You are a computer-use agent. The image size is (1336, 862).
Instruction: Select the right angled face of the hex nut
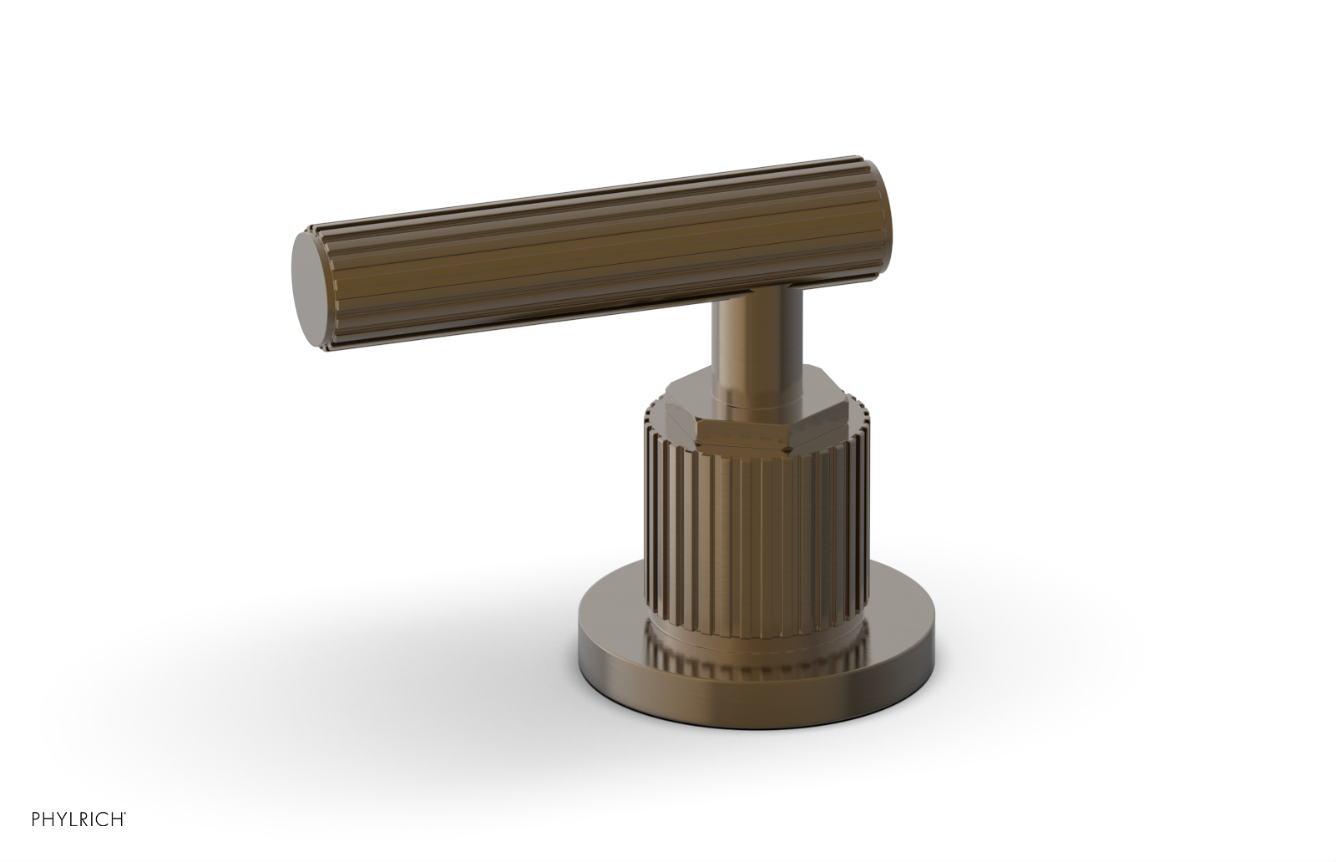(822, 426)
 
